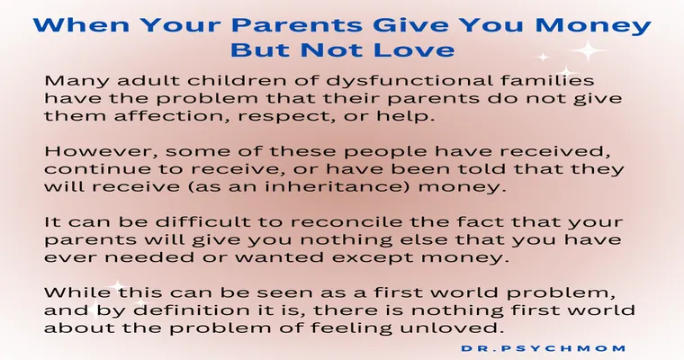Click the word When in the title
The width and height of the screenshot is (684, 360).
81,25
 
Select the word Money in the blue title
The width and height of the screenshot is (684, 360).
593,26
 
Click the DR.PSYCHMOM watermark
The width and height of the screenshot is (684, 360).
544,348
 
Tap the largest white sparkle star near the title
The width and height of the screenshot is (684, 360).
588,50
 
